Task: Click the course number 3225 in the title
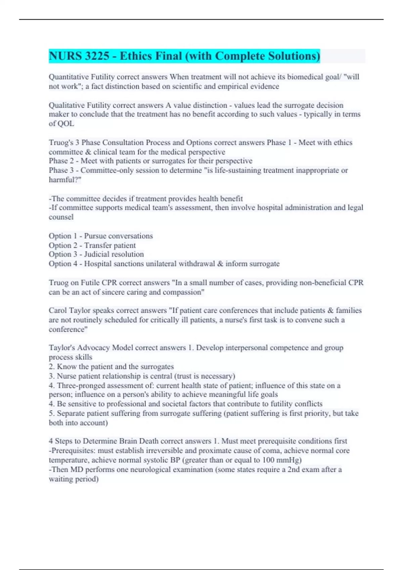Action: click(x=97, y=56)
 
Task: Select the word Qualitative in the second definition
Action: click(x=66, y=105)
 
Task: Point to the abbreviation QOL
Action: click(x=66, y=124)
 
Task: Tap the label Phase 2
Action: click(x=61, y=161)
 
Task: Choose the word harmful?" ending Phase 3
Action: click(x=65, y=180)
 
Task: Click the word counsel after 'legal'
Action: click(x=61, y=217)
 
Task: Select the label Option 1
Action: click(x=63, y=236)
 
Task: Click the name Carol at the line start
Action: click(x=57, y=310)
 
